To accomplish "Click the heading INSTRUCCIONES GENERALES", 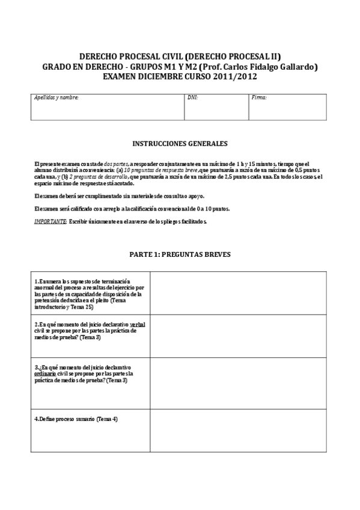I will (x=180, y=144).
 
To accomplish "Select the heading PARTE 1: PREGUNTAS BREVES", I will (x=180, y=254).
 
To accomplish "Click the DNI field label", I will (x=192, y=97).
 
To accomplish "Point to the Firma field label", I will (x=259, y=97).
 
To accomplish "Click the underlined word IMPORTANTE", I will (x=50, y=221).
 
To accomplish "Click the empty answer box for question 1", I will (x=238, y=295).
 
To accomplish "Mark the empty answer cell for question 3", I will (x=238, y=383).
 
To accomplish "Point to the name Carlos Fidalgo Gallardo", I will (x=269, y=67).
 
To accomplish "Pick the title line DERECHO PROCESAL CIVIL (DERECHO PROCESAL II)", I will (x=180, y=57).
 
